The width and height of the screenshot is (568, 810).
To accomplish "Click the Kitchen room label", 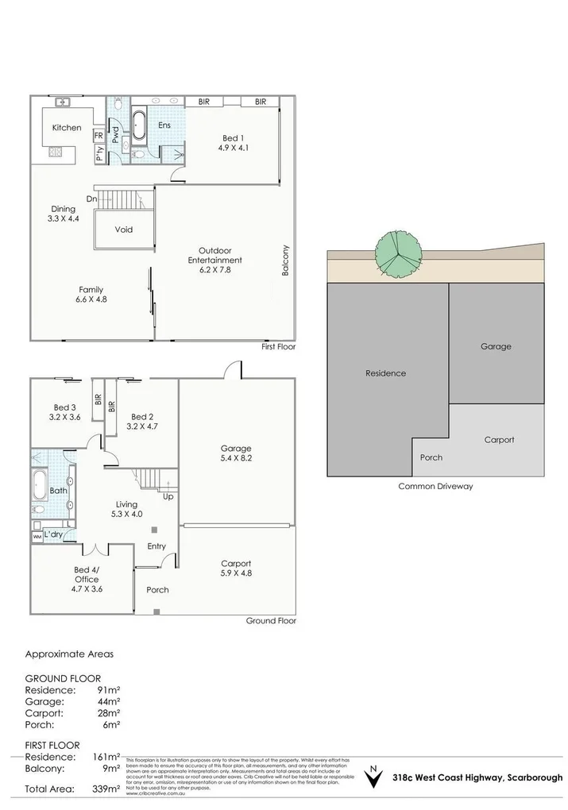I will click(x=67, y=128).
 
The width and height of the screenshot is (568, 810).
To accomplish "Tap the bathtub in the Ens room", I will click(x=140, y=126).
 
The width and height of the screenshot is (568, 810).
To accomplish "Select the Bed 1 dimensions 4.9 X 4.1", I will click(x=231, y=147).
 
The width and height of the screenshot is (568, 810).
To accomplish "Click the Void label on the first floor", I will click(x=123, y=230).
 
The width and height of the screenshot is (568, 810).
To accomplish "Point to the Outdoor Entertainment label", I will click(x=214, y=255).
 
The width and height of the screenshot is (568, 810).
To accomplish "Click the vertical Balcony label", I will click(x=286, y=260).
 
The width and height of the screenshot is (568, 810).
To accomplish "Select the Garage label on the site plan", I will click(x=496, y=346).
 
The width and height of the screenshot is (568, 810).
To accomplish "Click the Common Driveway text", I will click(x=435, y=486).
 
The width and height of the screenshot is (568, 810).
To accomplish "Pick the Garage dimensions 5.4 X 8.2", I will click(x=235, y=457).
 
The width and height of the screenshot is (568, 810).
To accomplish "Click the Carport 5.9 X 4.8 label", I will click(x=236, y=569).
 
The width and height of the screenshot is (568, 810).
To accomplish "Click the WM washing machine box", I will click(x=37, y=538).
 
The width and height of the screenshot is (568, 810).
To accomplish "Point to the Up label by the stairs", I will click(x=168, y=496).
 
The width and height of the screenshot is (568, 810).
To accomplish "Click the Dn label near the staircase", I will click(x=91, y=199).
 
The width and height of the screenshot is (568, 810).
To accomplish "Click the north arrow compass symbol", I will click(x=370, y=777).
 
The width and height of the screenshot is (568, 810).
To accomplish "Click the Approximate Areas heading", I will click(x=69, y=654).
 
